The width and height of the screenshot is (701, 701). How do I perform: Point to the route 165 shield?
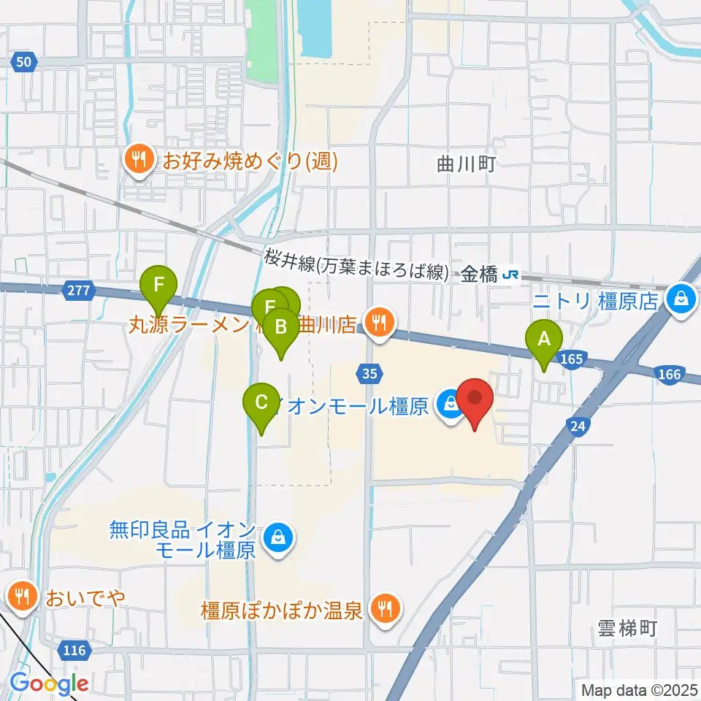coord(572,358)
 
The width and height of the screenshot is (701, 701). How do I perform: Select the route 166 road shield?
coord(668,375)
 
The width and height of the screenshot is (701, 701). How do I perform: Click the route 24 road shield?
coord(578,425)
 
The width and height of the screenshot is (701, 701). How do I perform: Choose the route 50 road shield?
coord(24,62)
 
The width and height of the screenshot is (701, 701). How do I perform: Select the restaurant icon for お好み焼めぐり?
coord(138,161)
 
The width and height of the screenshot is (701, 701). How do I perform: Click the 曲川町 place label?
coord(467,164)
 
